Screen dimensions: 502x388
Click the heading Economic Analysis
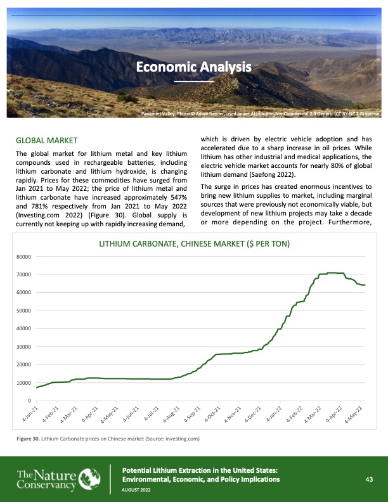click(193, 67)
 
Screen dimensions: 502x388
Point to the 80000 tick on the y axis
click(24, 257)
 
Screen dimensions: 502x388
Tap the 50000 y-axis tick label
click(24, 311)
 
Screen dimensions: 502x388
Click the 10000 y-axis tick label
click(24, 383)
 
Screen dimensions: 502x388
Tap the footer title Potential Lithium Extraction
click(199, 470)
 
